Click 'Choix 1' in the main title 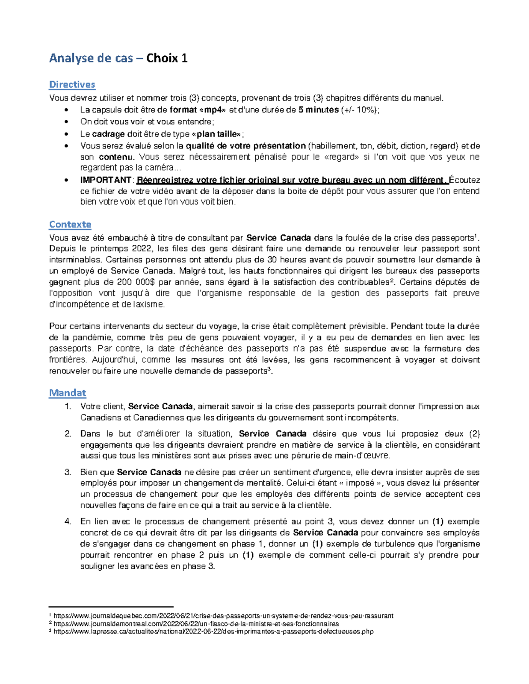pos(167,58)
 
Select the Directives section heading pos(72,84)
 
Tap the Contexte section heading pos(70,224)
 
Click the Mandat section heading pos(67,392)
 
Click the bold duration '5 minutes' pos(318,110)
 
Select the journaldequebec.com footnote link pos(224,616)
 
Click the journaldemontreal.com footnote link pos(196,624)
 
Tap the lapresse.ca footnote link pos(213,631)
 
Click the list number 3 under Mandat pos(67,472)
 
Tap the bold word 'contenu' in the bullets pos(115,157)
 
